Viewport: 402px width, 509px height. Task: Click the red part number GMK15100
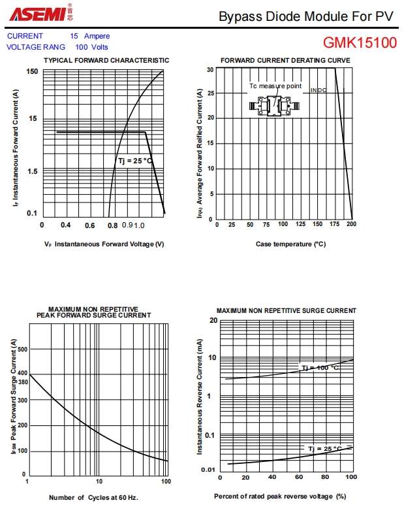[360, 43]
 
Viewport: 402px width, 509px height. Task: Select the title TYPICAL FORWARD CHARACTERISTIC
[106, 60]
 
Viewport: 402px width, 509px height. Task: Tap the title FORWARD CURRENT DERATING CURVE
[285, 60]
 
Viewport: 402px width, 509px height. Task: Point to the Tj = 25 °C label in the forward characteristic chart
[134, 161]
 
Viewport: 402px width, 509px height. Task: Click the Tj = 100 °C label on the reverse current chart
[320, 368]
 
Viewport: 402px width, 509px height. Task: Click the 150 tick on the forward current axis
[32, 71]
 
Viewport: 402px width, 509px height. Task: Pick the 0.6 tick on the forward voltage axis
[89, 225]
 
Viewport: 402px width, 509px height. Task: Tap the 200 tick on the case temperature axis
[352, 225]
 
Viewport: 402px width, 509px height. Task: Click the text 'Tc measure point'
[275, 86]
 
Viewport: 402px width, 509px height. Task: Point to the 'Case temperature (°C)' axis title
[290, 244]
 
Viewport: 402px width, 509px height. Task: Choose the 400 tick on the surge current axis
[23, 373]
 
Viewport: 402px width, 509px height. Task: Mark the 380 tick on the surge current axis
[23, 382]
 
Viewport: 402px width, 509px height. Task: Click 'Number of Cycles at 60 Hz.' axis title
[93, 497]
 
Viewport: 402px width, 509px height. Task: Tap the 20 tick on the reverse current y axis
[213, 320]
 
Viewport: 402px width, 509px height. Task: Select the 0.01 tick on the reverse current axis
[209, 470]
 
